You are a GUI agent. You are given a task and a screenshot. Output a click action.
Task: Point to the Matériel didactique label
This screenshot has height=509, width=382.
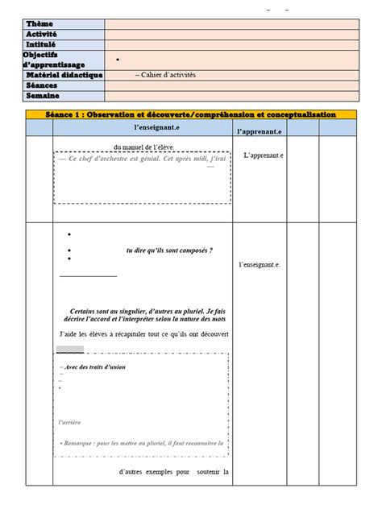point(64,75)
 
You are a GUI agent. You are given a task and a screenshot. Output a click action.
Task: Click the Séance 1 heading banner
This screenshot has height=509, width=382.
point(191,115)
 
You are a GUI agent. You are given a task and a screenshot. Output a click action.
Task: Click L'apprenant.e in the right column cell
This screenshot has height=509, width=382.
point(263,155)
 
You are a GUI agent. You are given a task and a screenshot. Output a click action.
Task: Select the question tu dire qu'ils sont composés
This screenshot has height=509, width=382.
point(169,250)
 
